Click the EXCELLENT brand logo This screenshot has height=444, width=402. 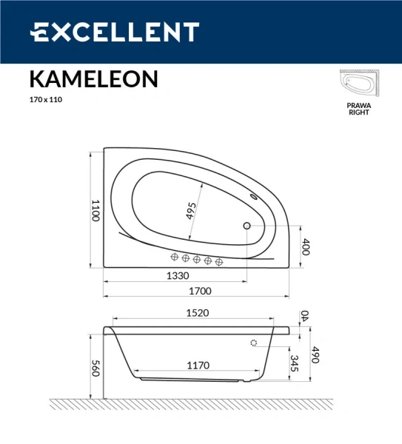(x=114, y=33)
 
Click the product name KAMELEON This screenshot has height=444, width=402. (x=93, y=78)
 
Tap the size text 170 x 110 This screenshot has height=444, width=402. (x=46, y=99)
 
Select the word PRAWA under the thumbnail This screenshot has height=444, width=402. (x=359, y=106)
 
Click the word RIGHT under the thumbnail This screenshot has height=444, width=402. (x=359, y=113)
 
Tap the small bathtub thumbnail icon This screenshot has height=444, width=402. (x=359, y=84)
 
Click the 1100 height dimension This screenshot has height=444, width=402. (x=95, y=210)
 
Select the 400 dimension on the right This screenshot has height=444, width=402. (x=305, y=247)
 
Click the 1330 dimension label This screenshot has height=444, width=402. (x=176, y=275)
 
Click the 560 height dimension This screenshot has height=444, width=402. (x=95, y=368)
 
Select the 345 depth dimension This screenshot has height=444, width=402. (x=295, y=363)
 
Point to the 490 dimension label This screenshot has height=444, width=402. (x=314, y=354)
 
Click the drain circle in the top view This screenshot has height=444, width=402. (x=247, y=226)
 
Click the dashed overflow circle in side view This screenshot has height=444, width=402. (x=255, y=343)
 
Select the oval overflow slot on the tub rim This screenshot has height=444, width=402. (x=255, y=197)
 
